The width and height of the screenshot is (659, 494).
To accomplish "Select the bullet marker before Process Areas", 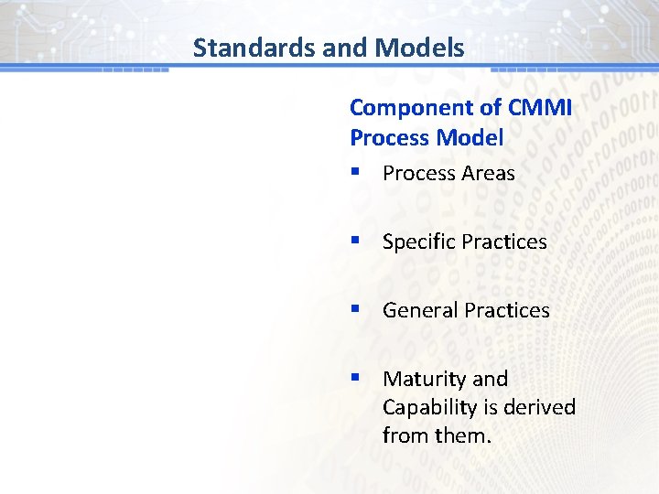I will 354,173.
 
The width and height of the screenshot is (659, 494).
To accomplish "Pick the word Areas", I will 488,174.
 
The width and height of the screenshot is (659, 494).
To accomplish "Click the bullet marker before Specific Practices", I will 354,242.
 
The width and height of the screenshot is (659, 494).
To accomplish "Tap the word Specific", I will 419,242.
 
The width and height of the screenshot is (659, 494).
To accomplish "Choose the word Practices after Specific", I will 504,242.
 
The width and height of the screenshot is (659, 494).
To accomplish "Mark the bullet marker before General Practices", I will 354,310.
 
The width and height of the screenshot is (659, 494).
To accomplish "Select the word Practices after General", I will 507,311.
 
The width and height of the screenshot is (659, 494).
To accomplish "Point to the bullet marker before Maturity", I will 354,379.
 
